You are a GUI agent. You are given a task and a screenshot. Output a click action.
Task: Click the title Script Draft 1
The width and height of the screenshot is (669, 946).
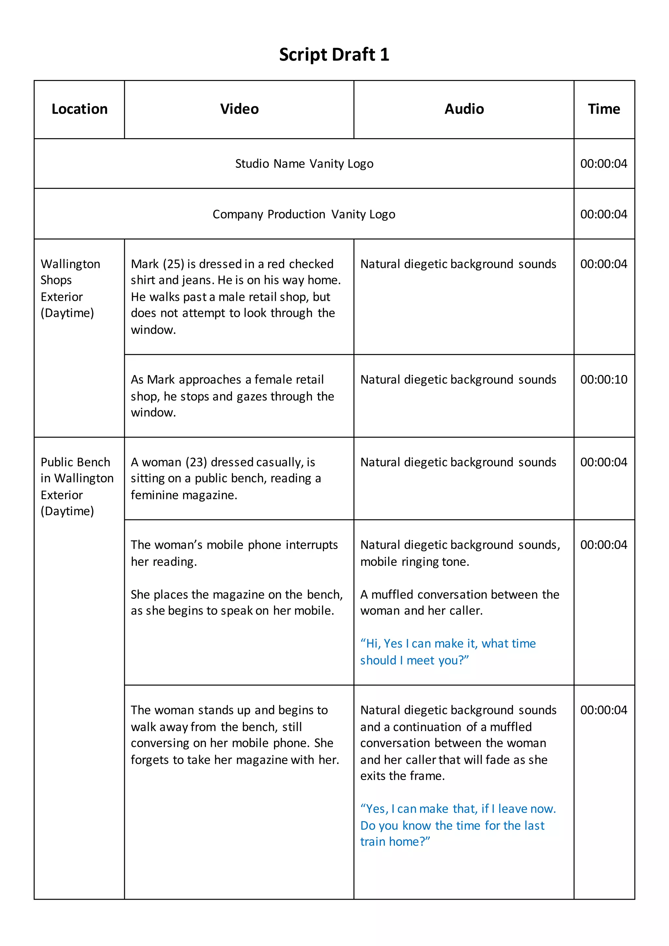[334, 54]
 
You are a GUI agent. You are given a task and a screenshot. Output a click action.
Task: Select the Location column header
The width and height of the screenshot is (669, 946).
[79, 109]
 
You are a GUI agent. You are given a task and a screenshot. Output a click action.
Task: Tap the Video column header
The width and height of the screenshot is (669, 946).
[239, 109]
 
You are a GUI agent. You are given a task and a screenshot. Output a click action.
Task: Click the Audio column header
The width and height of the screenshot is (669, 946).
[464, 109]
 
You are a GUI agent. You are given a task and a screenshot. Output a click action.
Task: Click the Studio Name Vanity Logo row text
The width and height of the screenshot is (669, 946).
[304, 164]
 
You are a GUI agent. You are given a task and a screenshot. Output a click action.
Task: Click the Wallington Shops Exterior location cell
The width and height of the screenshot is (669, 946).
[70, 288]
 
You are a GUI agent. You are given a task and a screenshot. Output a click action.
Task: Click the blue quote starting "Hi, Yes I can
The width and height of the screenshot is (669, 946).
[448, 652]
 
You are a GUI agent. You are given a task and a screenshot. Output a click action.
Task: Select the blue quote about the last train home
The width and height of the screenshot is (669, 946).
[458, 825]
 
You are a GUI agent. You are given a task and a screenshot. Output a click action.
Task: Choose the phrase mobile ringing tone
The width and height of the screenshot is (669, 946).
[415, 562]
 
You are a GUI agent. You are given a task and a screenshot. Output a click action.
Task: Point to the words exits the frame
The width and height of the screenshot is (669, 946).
[402, 776]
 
